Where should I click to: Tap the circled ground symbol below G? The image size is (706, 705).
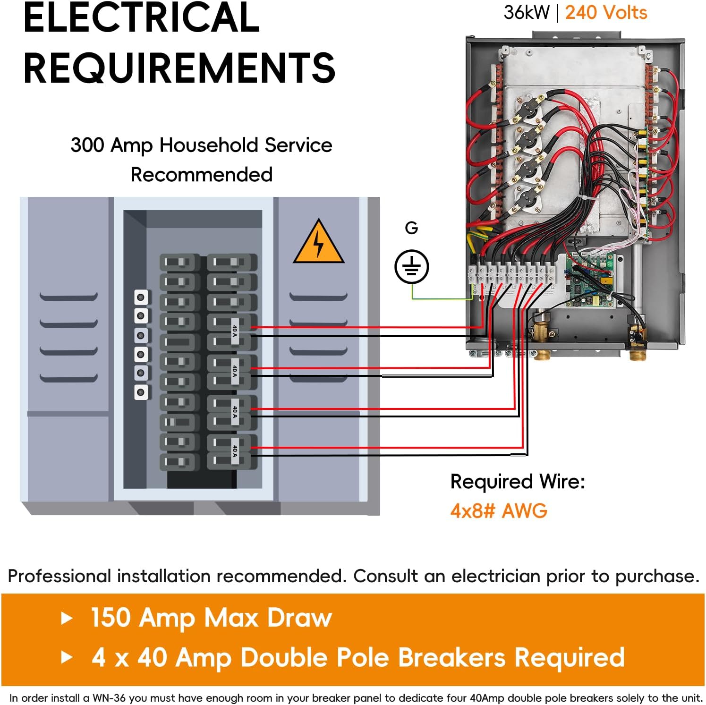point(411,267)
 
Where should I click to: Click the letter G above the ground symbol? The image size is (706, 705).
point(411,228)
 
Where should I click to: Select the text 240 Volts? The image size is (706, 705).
point(606,13)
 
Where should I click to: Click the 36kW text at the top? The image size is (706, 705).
point(526,13)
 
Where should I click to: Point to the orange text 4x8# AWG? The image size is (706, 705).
point(499,511)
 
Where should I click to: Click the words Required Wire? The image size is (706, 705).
point(518,482)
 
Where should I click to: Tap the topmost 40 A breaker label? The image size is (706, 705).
point(235,331)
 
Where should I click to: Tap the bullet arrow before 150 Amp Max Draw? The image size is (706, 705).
point(67,618)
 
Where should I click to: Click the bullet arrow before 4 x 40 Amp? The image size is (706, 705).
point(67,657)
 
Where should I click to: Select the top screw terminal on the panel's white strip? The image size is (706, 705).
point(141,297)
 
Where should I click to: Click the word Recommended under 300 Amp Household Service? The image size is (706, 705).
point(202,175)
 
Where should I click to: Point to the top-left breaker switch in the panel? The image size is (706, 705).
point(178,262)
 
